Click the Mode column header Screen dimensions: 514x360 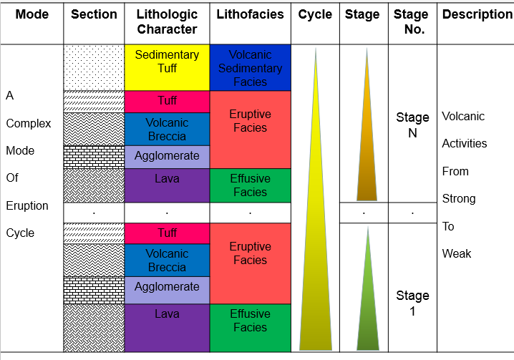(31, 14)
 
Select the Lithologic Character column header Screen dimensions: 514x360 (167, 21)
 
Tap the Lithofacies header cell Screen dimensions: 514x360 (250, 14)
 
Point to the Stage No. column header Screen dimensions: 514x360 (411, 21)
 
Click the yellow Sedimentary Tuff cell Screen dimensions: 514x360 (168, 67)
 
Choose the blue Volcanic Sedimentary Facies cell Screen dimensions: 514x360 (250, 67)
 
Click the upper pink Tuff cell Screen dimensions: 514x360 (168, 102)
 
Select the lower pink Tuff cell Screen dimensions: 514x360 (168, 233)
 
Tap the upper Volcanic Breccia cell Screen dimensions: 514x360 (168, 129)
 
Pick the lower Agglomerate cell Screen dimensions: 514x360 (168, 290)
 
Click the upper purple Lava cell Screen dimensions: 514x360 (168, 185)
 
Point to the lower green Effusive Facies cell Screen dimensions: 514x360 (250, 328)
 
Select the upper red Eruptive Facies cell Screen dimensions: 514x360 (250, 130)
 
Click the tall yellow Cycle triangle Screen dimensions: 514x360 (316, 230)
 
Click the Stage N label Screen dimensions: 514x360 (412, 125)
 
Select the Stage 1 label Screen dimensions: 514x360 (412, 303)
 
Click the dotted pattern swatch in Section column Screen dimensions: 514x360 (94, 67)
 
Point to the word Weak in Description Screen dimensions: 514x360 (456, 253)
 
